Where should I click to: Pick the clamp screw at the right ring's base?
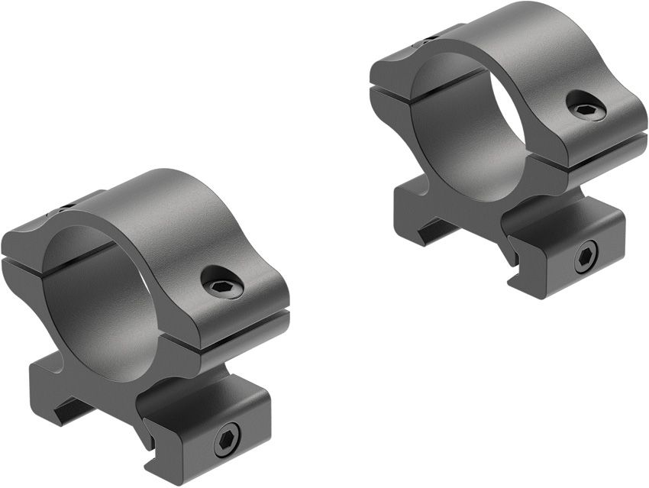point(586,256)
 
